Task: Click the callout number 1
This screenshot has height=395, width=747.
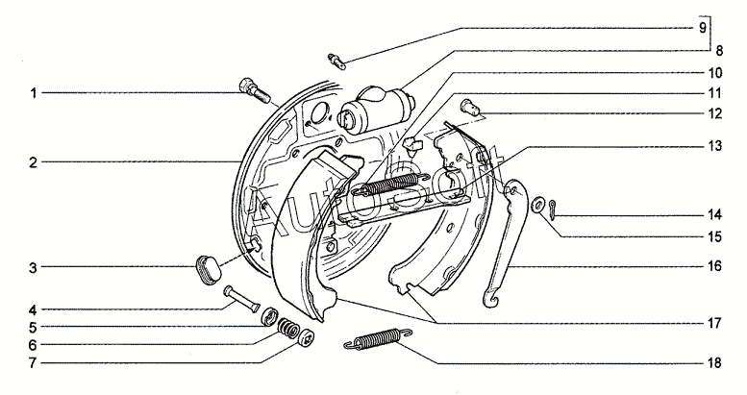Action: pyautogui.click(x=34, y=93)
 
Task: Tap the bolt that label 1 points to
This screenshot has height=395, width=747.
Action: pyautogui.click(x=252, y=91)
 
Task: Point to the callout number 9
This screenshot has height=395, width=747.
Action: pyautogui.click(x=702, y=28)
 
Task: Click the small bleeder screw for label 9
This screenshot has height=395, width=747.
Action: pyautogui.click(x=337, y=62)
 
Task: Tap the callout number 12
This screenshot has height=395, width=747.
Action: pyautogui.click(x=714, y=113)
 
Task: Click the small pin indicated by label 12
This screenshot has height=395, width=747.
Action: pyautogui.click(x=470, y=107)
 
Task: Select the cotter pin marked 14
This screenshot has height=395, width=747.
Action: pyautogui.click(x=551, y=210)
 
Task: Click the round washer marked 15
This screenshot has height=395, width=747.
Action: pyautogui.click(x=537, y=205)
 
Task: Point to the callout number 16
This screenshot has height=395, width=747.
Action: pyautogui.click(x=714, y=266)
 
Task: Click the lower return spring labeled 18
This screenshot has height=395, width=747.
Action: pyautogui.click(x=378, y=338)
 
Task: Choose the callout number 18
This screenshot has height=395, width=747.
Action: pyautogui.click(x=714, y=363)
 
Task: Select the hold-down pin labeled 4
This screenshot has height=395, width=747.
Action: pyautogui.click(x=241, y=299)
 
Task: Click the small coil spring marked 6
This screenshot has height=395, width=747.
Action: pyautogui.click(x=287, y=329)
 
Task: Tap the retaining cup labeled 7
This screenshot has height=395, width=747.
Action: pyautogui.click(x=307, y=339)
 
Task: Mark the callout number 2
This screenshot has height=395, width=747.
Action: pyautogui.click(x=33, y=162)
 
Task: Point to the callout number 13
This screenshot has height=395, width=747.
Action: pyautogui.click(x=714, y=146)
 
